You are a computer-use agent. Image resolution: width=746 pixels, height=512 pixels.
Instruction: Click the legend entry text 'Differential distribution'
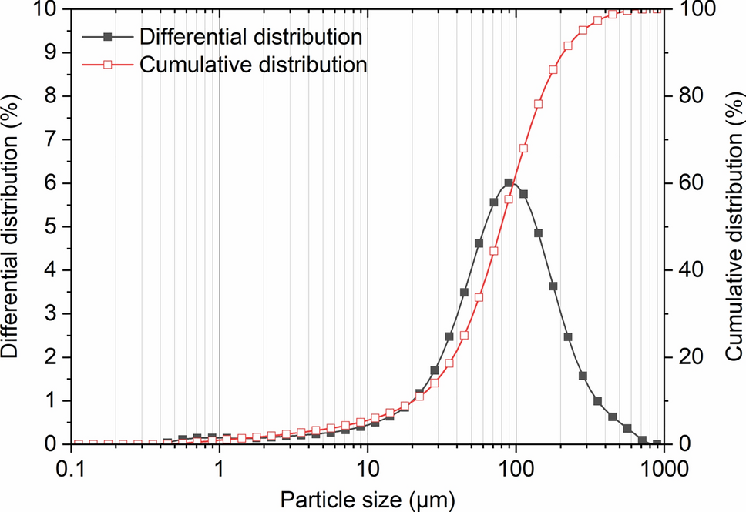click(252, 37)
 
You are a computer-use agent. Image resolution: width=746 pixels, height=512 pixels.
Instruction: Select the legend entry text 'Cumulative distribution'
click(253, 65)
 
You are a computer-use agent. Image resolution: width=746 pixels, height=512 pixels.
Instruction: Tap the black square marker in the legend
click(109, 37)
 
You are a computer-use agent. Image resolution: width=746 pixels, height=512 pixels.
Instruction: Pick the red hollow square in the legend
click(109, 65)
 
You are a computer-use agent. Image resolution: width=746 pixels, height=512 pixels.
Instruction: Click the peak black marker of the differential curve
click(509, 182)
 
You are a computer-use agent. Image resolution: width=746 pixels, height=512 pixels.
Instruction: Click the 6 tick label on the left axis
click(50, 183)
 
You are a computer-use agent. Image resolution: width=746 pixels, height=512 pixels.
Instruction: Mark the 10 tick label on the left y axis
click(44, 9)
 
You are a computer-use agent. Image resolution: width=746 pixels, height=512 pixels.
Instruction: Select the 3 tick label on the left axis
click(50, 314)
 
